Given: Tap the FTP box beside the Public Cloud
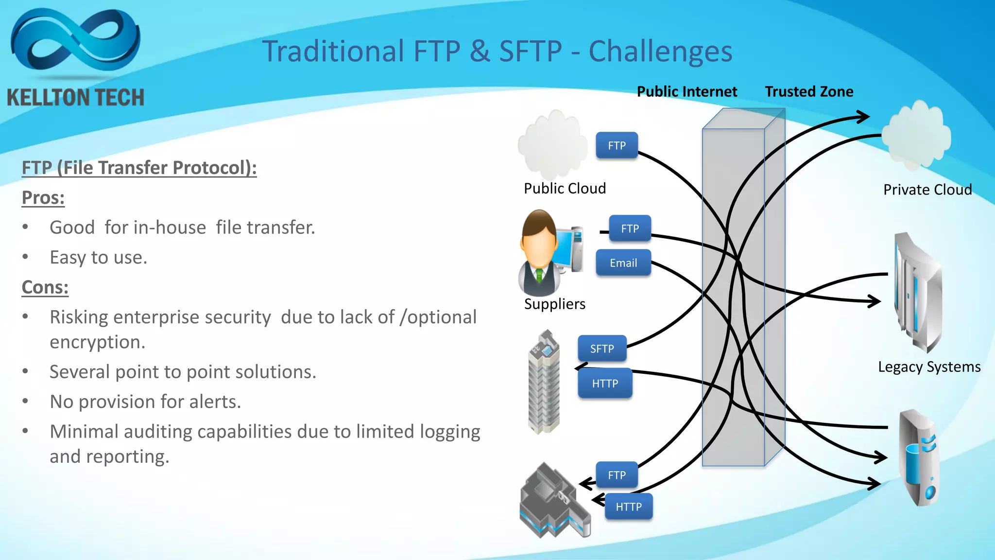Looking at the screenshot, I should (617, 145).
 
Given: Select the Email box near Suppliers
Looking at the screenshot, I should (623, 263).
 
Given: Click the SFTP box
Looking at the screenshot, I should (602, 349).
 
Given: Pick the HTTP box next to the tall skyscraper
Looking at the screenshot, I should (605, 384).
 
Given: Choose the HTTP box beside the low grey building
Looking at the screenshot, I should (629, 507).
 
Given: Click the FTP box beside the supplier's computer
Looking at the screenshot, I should (630, 228).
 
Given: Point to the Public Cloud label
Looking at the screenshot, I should (565, 189).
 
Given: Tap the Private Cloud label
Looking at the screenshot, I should (927, 190).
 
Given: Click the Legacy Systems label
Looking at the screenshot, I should (929, 367).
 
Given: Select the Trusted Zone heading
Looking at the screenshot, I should (809, 92).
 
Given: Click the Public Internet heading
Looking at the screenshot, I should (686, 92).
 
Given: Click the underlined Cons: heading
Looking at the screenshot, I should (45, 287).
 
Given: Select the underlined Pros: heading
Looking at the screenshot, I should (43, 198).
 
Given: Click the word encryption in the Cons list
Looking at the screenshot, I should (97, 342).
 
